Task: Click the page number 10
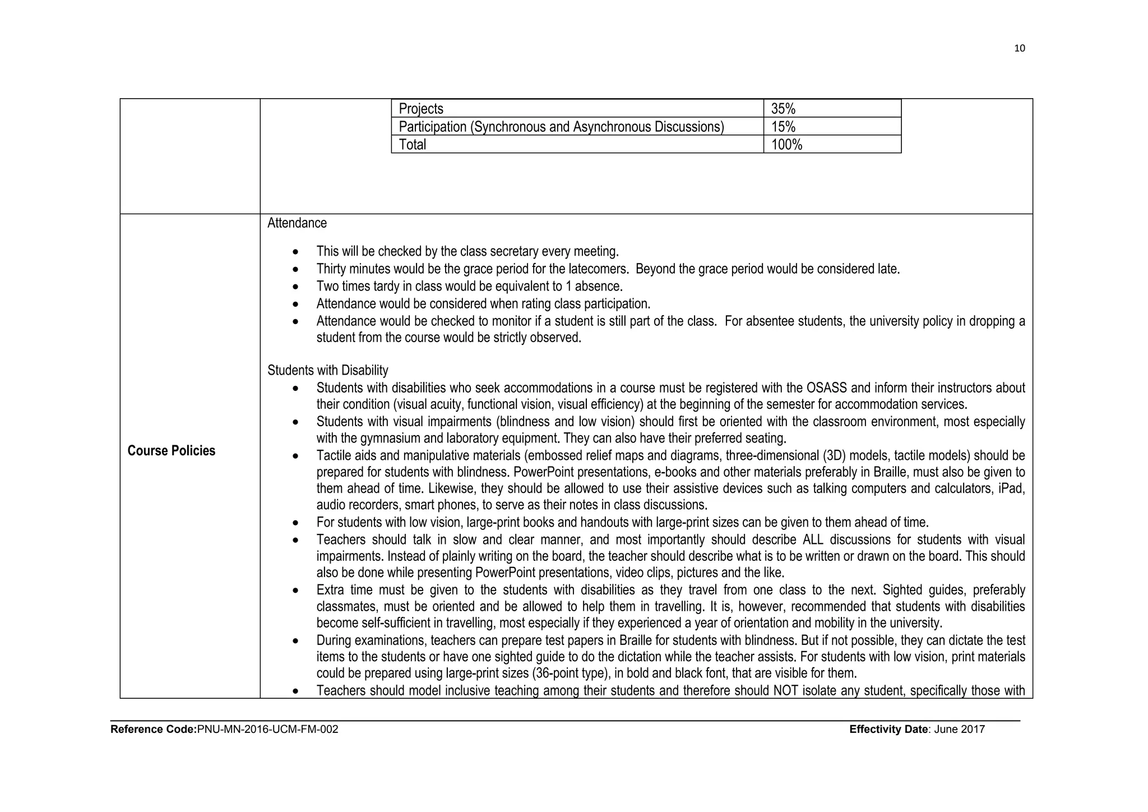tap(1020, 48)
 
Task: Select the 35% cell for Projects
tap(783, 109)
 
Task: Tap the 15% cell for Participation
tap(783, 127)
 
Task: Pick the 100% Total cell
tap(786, 145)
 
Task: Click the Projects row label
tap(421, 109)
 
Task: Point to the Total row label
tap(413, 145)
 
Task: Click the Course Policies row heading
tap(171, 451)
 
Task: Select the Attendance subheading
tap(297, 223)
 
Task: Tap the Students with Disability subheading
tap(327, 370)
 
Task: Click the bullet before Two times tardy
tap(296, 287)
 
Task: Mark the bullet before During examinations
tap(296, 640)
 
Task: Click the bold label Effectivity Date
tap(888, 730)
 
